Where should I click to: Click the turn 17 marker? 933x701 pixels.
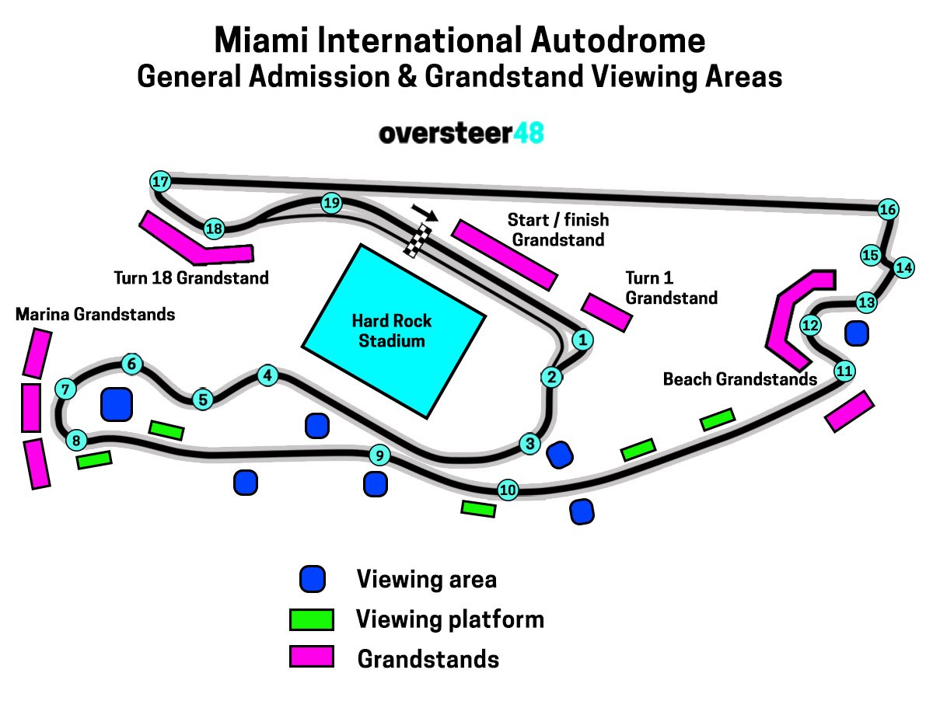pos(160,182)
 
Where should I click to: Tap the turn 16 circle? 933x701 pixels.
pos(888,209)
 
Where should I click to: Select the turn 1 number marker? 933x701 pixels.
pos(582,339)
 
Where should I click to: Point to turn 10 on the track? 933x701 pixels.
pos(508,490)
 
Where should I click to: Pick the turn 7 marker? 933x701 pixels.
pos(65,389)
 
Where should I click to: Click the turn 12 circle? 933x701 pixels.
pos(810,325)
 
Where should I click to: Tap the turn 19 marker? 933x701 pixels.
pos(332,204)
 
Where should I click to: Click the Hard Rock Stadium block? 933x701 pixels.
pos(393,330)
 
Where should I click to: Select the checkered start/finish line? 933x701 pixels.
pos(418,239)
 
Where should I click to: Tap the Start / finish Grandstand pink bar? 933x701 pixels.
pos(505,254)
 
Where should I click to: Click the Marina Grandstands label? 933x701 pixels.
pos(95,315)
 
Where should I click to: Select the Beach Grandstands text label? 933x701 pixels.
pos(739,379)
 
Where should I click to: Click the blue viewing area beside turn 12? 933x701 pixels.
pos(857,333)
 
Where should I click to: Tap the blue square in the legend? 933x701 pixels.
pos(313,579)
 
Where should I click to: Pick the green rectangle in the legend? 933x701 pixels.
pos(312,619)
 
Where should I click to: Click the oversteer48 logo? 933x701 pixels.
pos(461,134)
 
